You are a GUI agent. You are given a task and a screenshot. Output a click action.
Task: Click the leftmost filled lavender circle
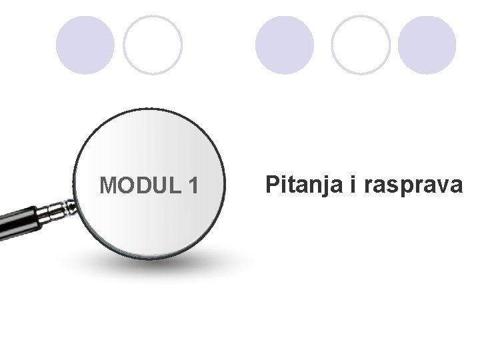click(85, 45)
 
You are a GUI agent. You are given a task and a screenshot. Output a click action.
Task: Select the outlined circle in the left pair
click(153, 45)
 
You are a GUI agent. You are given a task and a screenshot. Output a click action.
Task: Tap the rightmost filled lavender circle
click(427, 45)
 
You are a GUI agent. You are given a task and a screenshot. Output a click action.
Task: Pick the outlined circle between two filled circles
click(361, 45)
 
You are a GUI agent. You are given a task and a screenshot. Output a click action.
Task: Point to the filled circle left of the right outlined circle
click(285, 45)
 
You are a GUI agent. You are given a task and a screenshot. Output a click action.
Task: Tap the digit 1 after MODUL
click(193, 186)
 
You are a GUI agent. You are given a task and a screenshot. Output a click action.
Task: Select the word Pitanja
click(304, 185)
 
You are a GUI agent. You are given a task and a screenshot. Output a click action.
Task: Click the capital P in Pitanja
click(272, 184)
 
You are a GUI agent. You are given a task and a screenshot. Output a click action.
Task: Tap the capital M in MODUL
click(108, 186)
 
